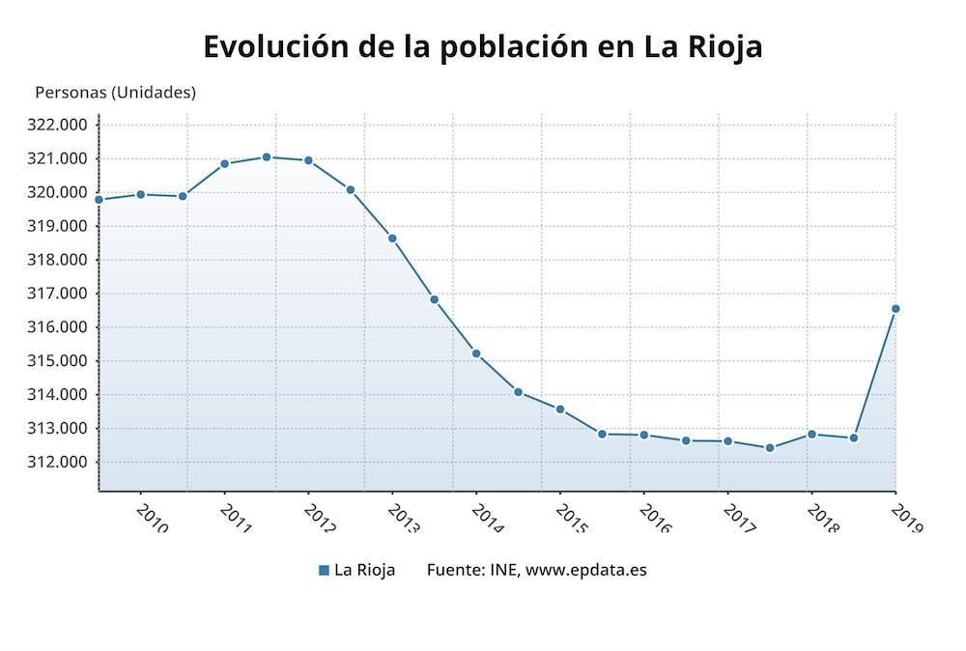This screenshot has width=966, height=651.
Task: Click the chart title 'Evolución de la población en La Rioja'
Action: [482, 46]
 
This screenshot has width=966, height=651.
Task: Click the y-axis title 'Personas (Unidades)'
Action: [115, 93]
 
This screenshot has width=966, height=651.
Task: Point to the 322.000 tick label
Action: [59, 125]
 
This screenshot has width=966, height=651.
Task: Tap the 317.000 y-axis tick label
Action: [59, 294]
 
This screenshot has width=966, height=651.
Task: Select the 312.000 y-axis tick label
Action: [59, 462]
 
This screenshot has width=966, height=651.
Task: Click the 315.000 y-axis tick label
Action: [59, 361]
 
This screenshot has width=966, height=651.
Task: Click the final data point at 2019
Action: [895, 309]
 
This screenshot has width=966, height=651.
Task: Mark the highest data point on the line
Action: [267, 156]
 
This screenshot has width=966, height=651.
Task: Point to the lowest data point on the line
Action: [770, 448]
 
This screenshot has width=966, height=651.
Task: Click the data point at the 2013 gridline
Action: [392, 239]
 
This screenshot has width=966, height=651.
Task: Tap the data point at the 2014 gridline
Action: [476, 354]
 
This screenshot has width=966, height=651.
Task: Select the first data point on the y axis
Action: [99, 199]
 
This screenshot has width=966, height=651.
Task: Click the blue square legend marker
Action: [324, 570]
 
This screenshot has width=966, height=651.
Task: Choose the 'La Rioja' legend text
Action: [364, 570]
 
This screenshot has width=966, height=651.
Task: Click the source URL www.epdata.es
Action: [586, 570]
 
